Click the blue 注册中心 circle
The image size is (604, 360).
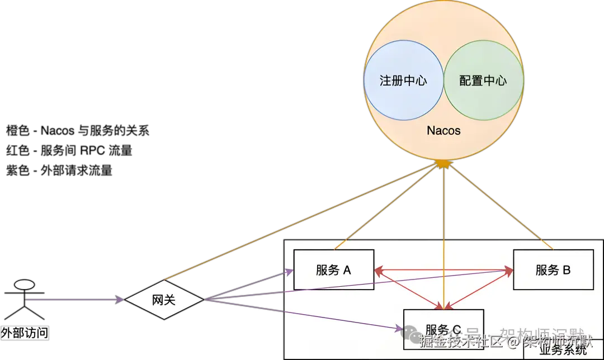403,80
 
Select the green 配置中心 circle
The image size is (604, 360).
483,80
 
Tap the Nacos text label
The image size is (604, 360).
443,131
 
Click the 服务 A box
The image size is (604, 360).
333,270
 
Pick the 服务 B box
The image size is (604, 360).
553,270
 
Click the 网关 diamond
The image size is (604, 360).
164,300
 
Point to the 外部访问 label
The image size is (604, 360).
24,334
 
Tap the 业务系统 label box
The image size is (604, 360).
563,350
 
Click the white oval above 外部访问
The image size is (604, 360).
24,285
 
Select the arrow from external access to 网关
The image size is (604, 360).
73,301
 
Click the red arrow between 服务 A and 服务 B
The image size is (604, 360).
443,269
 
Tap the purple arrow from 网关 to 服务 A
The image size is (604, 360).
249,285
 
